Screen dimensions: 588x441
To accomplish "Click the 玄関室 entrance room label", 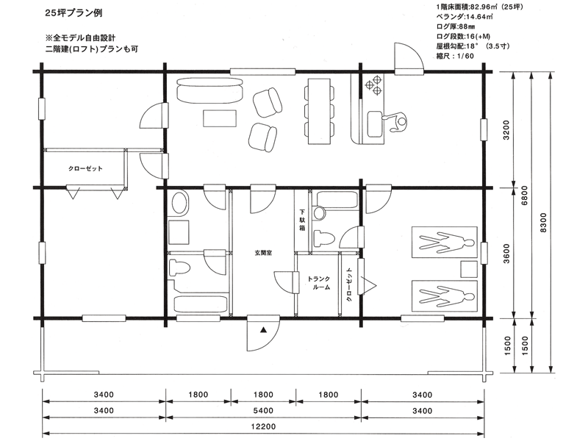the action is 263,253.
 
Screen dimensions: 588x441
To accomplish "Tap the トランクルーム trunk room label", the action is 319,283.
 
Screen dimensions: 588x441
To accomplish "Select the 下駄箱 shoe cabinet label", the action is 302,219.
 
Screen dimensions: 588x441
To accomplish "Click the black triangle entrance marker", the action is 264,330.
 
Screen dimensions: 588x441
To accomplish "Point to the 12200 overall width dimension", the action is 263,426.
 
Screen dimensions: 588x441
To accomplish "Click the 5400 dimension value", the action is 263,411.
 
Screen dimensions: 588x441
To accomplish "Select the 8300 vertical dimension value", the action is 544,223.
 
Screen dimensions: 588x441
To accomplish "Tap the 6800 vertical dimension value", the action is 525,196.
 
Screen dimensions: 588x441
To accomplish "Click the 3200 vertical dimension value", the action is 506,130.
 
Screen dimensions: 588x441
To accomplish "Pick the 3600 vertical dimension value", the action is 506,254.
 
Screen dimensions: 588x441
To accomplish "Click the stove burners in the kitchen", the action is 373,85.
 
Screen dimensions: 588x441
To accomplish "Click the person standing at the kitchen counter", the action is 397,122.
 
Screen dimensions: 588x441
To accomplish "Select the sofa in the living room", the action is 209,90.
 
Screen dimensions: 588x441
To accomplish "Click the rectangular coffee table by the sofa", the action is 220,118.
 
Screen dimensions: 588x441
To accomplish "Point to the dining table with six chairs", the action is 319,111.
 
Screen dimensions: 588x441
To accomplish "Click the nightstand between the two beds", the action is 468,269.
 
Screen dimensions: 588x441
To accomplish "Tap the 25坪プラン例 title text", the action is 73,13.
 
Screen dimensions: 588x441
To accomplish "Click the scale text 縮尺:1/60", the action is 455,57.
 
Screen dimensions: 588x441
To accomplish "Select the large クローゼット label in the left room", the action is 85,168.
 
